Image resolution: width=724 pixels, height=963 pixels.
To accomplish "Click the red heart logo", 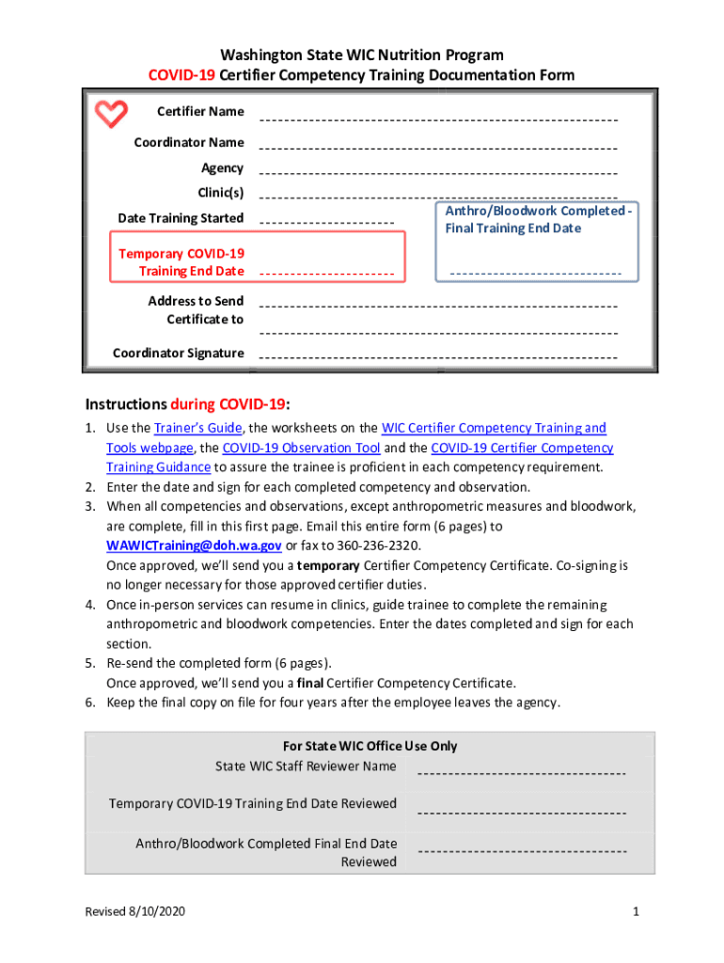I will (x=111, y=115).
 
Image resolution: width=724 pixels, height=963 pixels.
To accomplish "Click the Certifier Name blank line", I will (x=437, y=120).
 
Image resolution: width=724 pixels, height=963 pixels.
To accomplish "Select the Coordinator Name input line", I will (x=437, y=150).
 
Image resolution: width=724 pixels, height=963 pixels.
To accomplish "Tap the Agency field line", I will (x=437, y=175).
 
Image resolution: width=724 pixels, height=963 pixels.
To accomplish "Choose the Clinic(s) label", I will (x=220, y=193).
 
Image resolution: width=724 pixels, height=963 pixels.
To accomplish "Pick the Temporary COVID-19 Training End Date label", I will (x=181, y=262).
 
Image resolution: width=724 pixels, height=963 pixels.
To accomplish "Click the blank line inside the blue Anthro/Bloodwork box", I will (x=535, y=274).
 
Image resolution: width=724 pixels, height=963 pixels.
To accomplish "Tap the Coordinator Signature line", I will (x=437, y=359).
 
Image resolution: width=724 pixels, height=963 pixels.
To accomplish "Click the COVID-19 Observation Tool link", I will (x=301, y=448).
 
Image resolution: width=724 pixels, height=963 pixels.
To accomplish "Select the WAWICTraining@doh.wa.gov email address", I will (x=194, y=545).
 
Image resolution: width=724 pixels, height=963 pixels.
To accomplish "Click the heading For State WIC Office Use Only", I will (x=370, y=746).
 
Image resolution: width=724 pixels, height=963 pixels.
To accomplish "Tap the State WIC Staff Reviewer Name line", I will (x=521, y=774).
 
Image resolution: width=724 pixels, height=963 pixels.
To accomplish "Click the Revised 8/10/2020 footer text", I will (x=135, y=912).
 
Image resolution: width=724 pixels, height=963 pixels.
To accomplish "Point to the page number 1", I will (x=636, y=912).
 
